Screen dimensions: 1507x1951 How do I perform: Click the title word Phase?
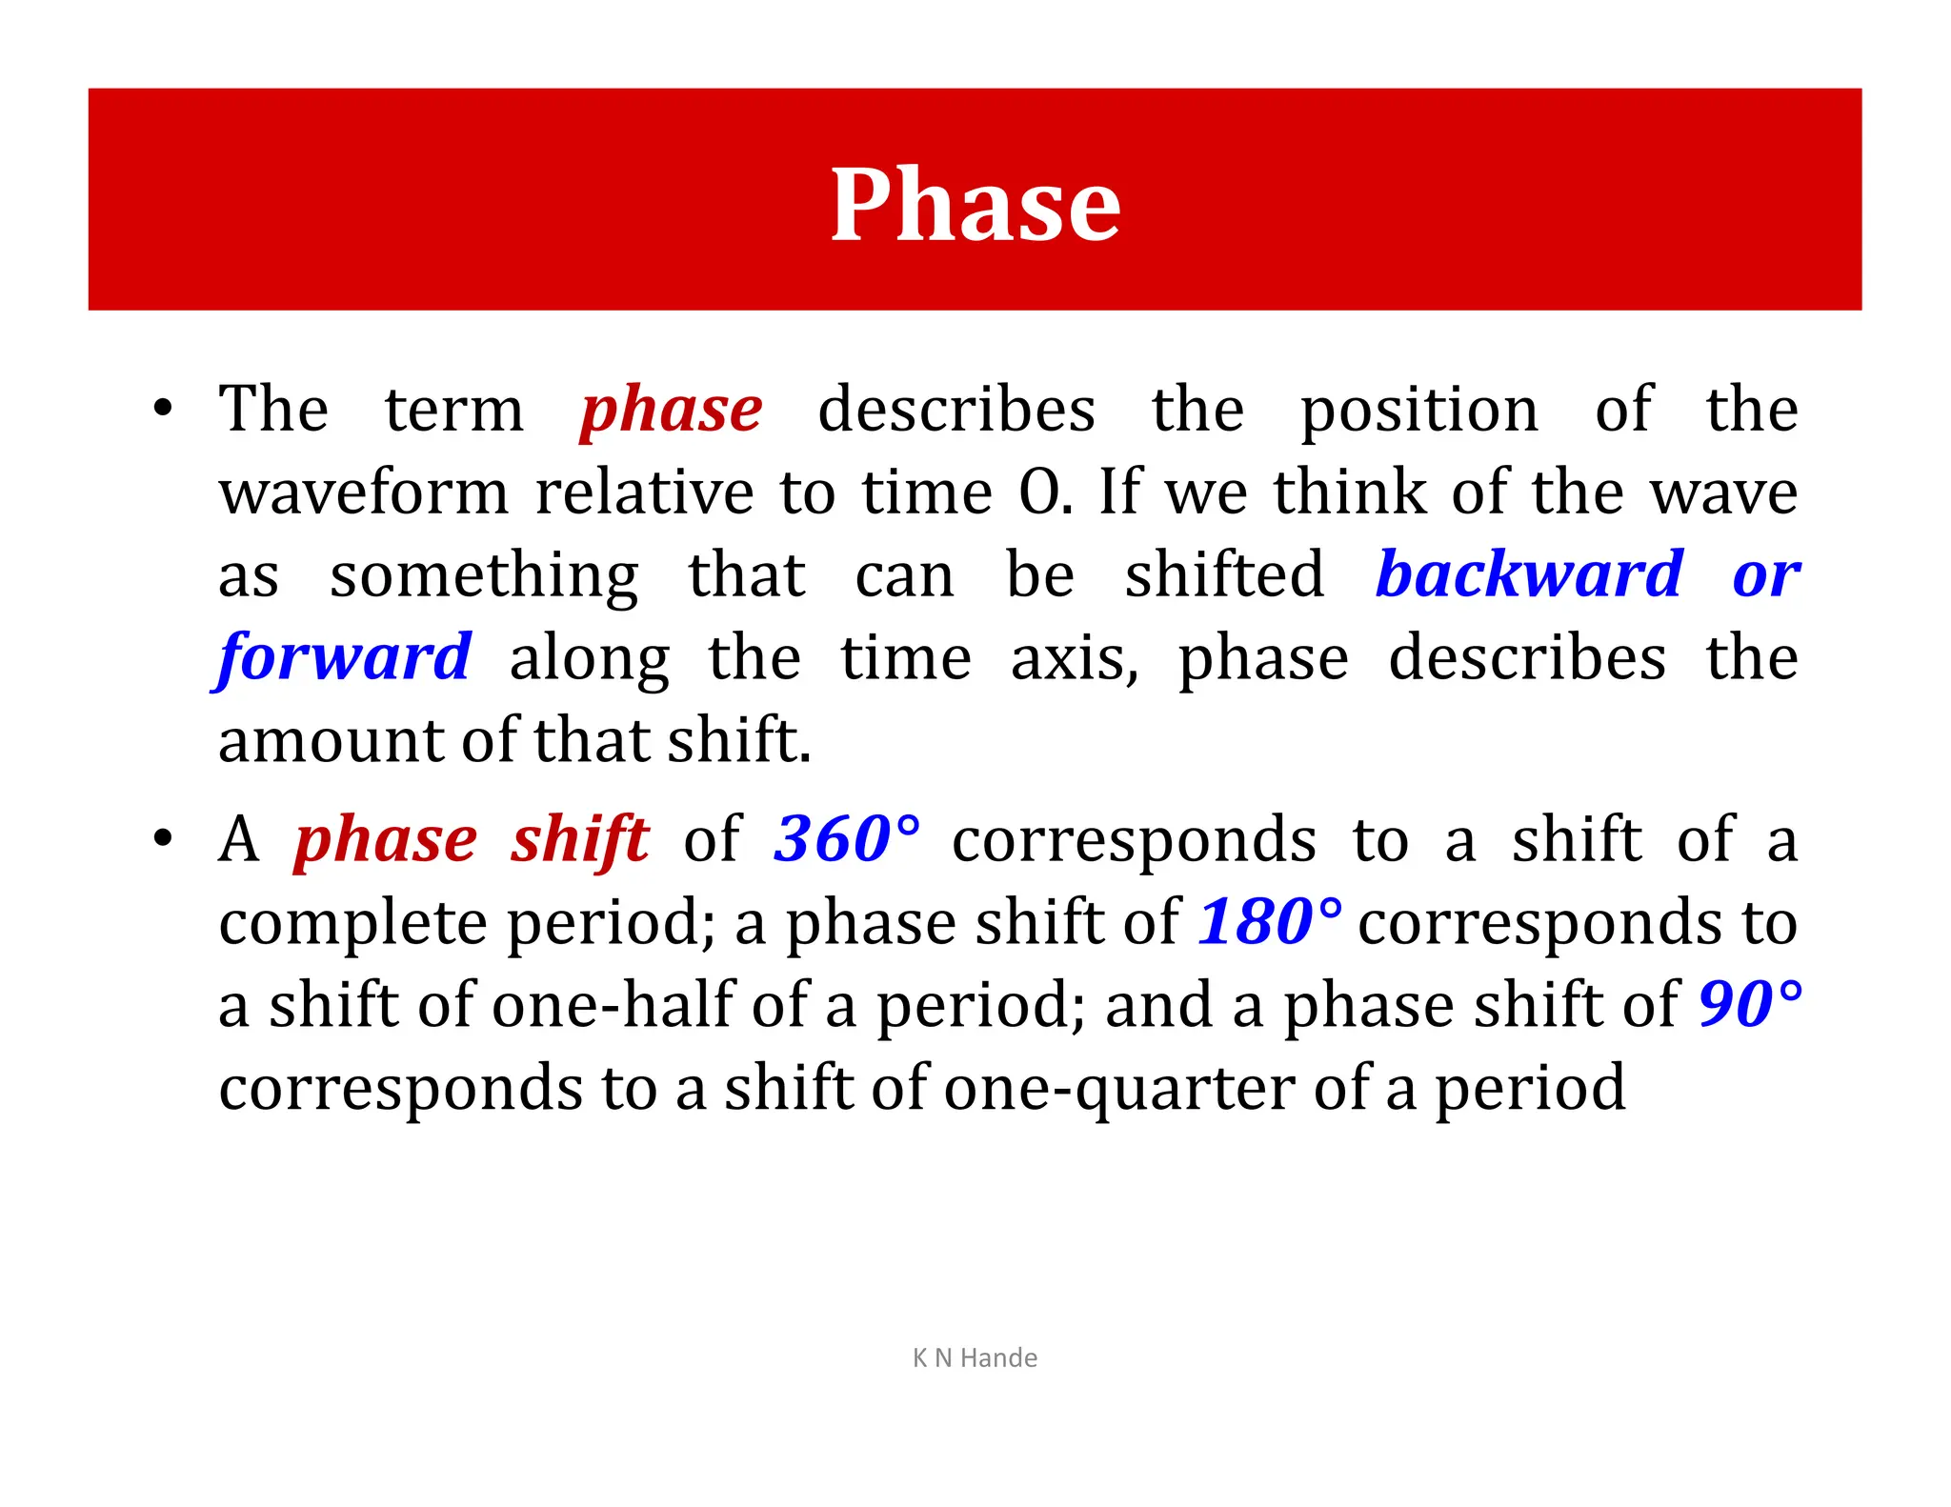coord(975,204)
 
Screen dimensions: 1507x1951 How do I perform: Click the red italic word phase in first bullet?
coord(672,411)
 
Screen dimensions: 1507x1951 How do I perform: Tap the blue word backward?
coord(1529,575)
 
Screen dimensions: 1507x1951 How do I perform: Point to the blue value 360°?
coord(847,839)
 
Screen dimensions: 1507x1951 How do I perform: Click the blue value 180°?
coord(1269,922)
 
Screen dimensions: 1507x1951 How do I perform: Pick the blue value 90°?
coord(1750,1004)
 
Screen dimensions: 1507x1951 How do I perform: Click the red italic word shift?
coord(579,840)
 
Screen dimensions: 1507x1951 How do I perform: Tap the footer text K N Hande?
coord(975,1357)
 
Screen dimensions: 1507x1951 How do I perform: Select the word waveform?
coord(364,493)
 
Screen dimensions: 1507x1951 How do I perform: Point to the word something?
coord(484,577)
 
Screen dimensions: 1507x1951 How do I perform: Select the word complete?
coord(353,924)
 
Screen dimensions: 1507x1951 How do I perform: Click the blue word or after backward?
coord(1765,577)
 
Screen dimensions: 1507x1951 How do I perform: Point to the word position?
coord(1419,412)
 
